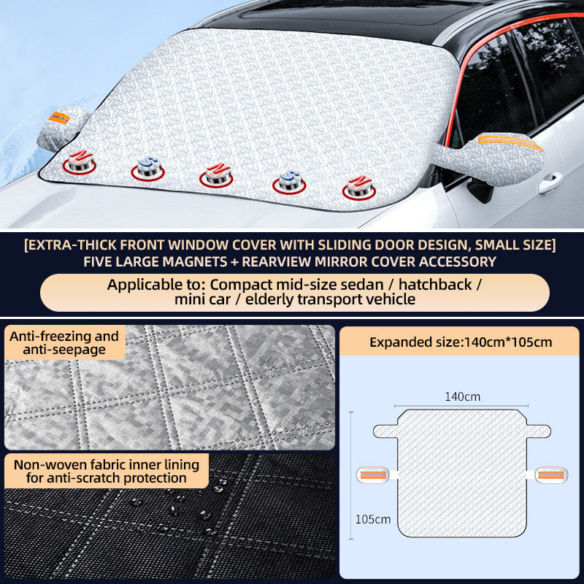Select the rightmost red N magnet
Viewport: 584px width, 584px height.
tap(358, 187)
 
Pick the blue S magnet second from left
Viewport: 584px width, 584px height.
tap(147, 169)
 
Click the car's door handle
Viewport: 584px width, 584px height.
tap(550, 180)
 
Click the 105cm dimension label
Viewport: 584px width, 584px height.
tap(373, 519)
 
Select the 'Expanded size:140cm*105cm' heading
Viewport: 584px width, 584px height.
tap(460, 342)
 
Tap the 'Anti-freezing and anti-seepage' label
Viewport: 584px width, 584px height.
tap(64, 343)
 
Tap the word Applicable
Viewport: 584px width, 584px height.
tap(142, 284)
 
